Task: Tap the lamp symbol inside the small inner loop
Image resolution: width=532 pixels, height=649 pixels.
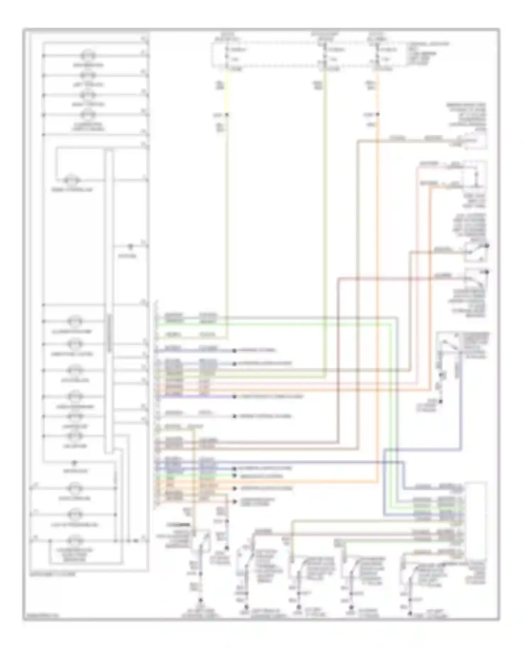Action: click(x=72, y=179)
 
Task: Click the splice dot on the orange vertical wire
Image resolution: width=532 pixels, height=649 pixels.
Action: click(x=377, y=115)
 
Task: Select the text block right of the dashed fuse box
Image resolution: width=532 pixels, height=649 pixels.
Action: click(x=427, y=53)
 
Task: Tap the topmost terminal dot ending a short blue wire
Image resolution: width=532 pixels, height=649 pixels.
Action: click(x=234, y=351)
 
